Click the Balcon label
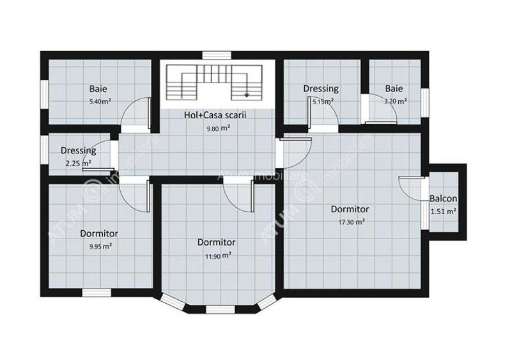point(443,198)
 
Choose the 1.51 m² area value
point(443,211)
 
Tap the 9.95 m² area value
point(98,246)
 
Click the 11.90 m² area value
point(217,254)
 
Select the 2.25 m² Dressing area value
point(78,163)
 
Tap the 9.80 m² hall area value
point(218,128)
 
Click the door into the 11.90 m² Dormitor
point(238,195)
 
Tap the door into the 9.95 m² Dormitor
point(136,195)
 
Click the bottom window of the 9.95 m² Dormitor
point(96,293)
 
